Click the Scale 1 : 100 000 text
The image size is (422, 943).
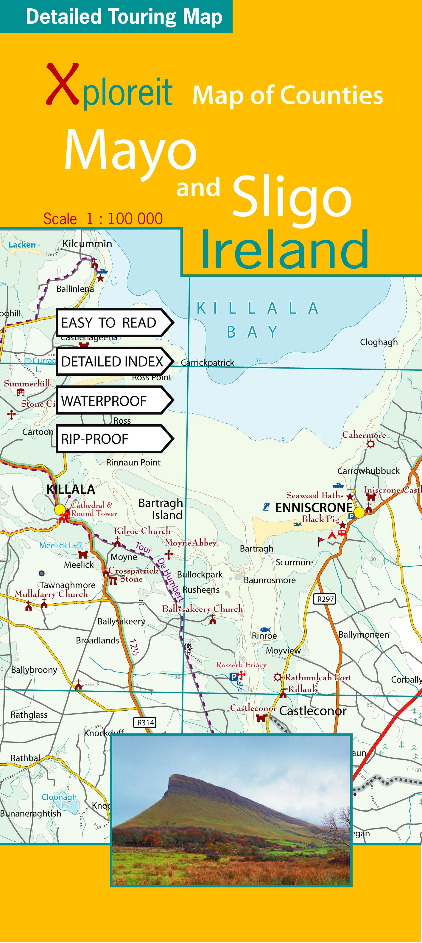tap(103, 219)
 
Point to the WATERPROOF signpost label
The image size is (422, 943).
tap(104, 401)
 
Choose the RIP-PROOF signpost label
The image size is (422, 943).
tap(95, 439)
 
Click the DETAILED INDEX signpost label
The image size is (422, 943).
tap(112, 362)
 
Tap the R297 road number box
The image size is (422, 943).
tap(325, 599)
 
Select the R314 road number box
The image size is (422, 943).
tap(145, 722)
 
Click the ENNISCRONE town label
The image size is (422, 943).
tap(313, 508)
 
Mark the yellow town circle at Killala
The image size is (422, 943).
tap(60, 509)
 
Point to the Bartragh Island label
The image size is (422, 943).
tap(161, 509)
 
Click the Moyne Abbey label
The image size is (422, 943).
tap(190, 543)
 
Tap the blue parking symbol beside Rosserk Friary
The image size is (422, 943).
tap(233, 677)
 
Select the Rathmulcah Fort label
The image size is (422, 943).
tap(318, 678)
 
